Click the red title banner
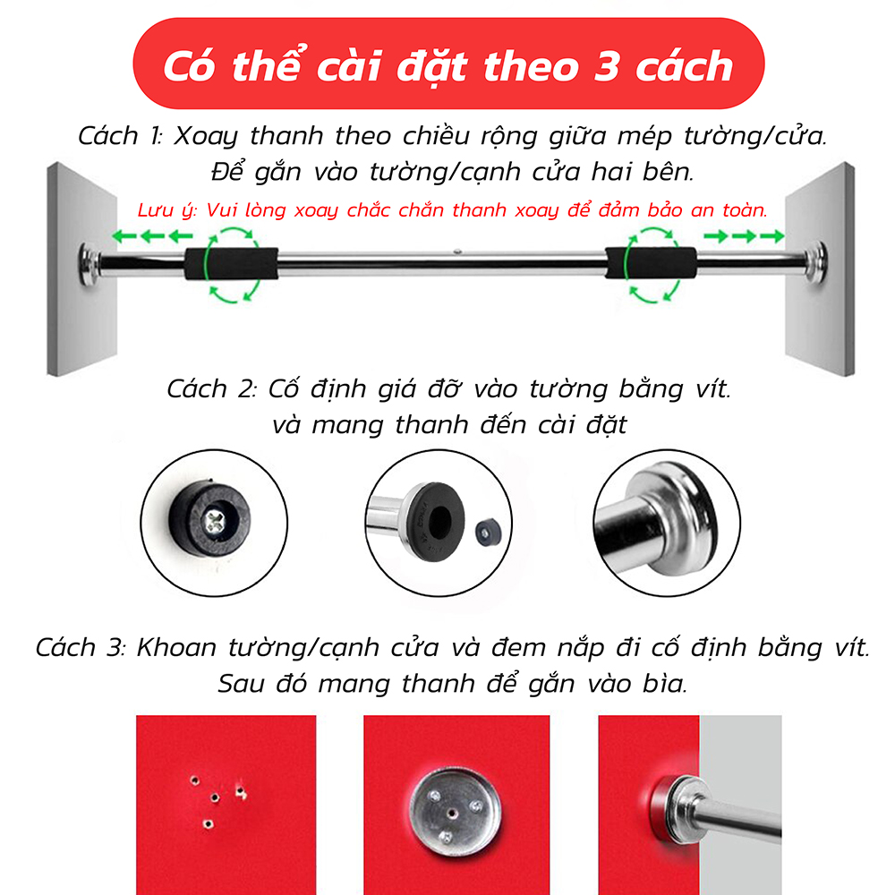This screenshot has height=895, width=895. tap(448, 64)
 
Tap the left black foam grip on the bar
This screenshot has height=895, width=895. tap(231, 263)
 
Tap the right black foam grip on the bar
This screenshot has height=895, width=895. tap(651, 263)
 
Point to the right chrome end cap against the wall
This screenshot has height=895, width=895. tap(814, 263)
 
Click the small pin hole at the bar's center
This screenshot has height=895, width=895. tap(457, 251)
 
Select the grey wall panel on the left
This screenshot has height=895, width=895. tap(82, 268)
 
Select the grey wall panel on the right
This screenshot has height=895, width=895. tap(820, 268)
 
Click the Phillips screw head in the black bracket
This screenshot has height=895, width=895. tap(216, 519)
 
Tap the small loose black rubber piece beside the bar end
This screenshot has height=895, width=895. tap(487, 533)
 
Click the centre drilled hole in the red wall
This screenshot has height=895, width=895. tap(215, 797)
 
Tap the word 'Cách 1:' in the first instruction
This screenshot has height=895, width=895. tap(120, 136)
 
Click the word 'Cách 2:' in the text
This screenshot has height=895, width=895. tap(211, 388)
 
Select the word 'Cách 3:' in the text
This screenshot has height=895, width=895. tap(81, 647)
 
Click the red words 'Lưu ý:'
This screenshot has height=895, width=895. tap(167, 210)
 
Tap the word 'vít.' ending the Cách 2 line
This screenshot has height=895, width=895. tap(713, 388)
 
